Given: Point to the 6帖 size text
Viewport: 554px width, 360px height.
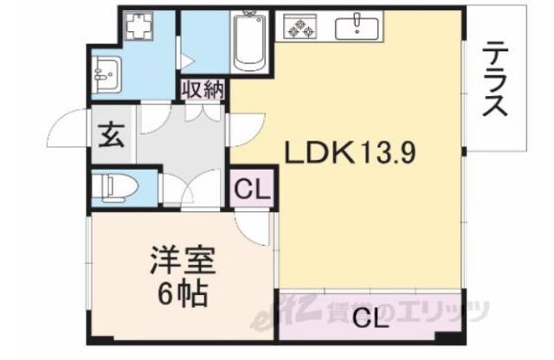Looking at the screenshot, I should click(182, 294).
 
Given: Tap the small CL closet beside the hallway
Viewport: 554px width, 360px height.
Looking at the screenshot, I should click(251, 186).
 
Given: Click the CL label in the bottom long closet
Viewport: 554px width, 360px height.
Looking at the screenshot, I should click(369, 318).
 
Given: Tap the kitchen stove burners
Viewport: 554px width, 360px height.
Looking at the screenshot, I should click(304, 28).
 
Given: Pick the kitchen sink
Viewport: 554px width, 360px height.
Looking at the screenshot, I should click(357, 28).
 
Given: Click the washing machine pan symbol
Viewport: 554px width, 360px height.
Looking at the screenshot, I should click(137, 30).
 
